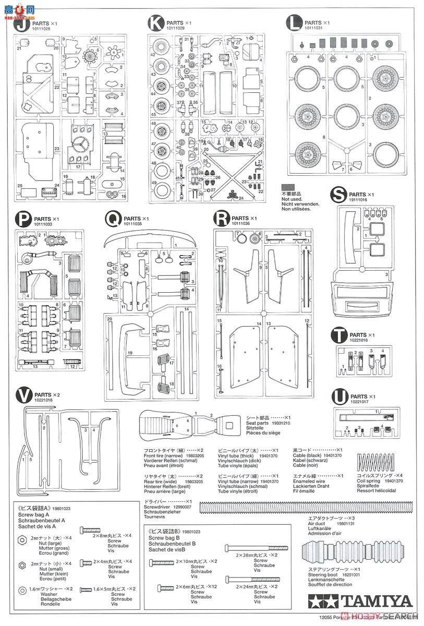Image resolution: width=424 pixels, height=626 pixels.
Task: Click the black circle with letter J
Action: pos(21,25)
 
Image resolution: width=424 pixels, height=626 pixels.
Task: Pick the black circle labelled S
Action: pos(340,196)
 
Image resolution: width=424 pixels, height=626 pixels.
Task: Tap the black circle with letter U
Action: pos(340,397)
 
